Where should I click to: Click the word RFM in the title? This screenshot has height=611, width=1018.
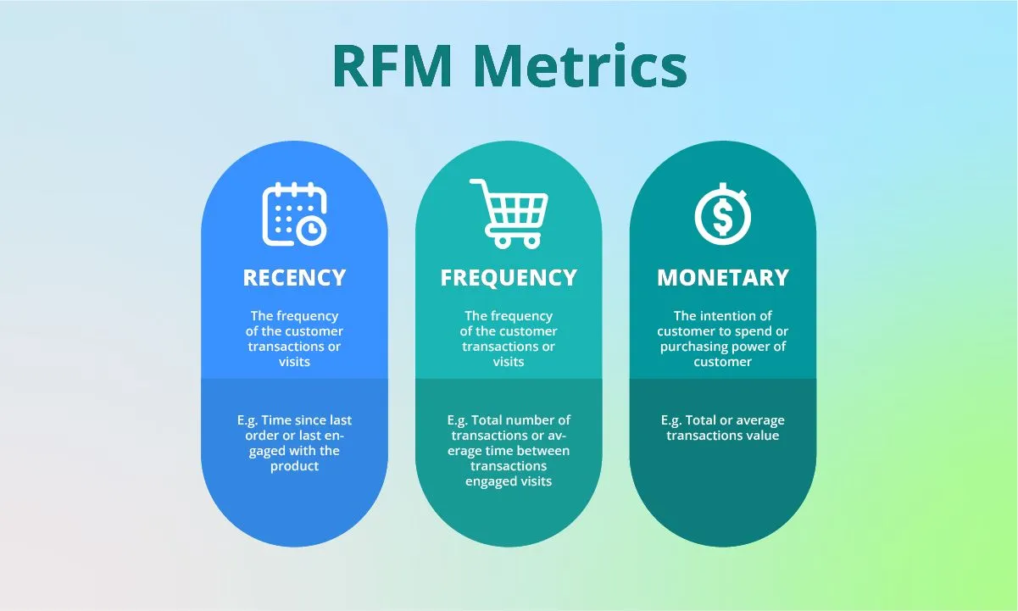[x=392, y=66]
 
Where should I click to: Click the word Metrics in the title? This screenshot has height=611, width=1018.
[x=581, y=65]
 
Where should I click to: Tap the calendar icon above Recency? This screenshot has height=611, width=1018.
[x=294, y=214]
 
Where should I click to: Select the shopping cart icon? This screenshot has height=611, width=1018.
[x=509, y=214]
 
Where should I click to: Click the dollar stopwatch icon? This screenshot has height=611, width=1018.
[x=723, y=214]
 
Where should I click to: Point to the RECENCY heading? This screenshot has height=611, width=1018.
[x=294, y=278]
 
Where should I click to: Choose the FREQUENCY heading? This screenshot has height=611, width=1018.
[x=509, y=278]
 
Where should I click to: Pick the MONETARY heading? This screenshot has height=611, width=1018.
[x=723, y=278]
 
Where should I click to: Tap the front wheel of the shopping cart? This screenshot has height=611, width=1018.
[x=531, y=242]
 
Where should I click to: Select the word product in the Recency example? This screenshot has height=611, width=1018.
[x=294, y=467]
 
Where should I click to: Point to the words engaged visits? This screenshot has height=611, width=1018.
[x=509, y=481]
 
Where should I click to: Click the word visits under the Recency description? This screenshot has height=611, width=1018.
[x=294, y=362]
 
